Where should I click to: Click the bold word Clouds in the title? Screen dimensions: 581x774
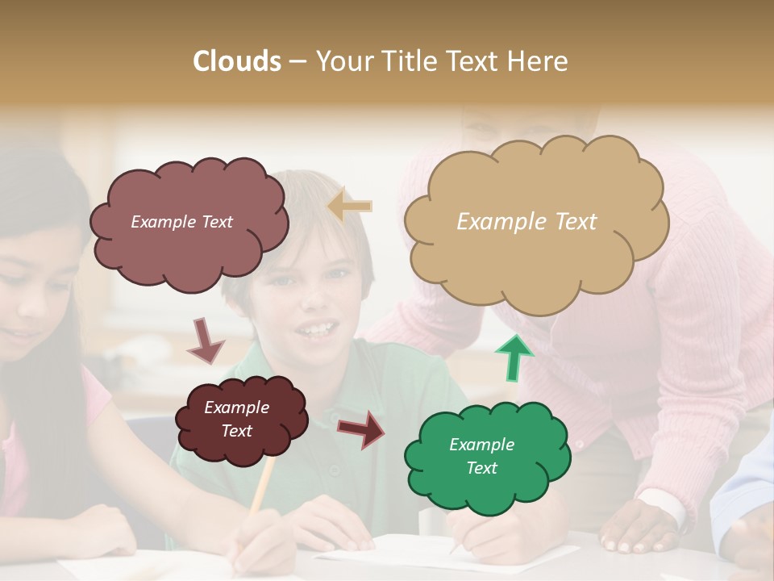click(237, 61)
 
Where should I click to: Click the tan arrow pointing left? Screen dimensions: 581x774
click(350, 207)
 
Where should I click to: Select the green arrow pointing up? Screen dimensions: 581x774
click(514, 357)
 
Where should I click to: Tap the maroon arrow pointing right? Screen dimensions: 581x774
click(361, 428)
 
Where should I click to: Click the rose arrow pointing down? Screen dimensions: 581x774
click(205, 340)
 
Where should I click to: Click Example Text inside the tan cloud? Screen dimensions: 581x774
click(526, 222)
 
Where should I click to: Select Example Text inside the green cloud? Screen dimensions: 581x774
click(481, 456)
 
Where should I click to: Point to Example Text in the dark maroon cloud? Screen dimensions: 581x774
click(236, 419)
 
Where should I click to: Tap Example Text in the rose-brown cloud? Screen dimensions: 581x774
click(181, 222)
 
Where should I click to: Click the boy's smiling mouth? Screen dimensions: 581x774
click(314, 329)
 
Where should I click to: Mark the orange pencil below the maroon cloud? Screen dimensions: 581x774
click(260, 492)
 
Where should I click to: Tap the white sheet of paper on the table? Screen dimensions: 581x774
click(387, 552)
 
